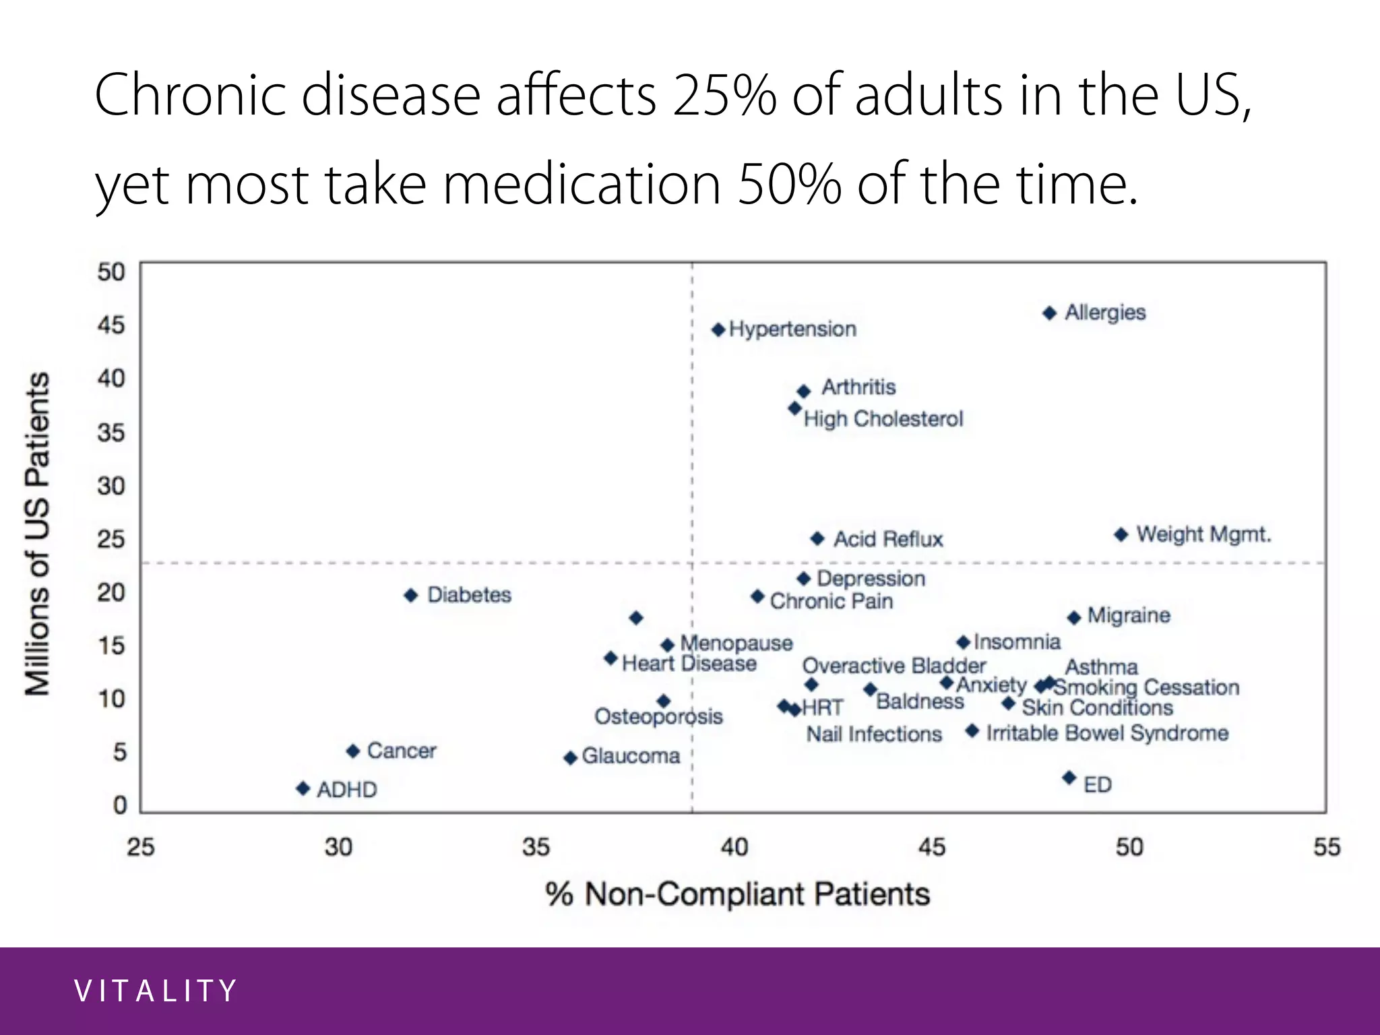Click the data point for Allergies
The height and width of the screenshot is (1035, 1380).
pos(1049,313)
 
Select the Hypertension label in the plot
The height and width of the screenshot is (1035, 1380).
pos(792,330)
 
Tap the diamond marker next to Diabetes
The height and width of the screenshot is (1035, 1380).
pos(411,596)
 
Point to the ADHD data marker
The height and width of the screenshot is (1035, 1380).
pos(303,788)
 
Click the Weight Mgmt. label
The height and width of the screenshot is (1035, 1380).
pos(1203,534)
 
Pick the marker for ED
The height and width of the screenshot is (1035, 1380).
pos(1069,778)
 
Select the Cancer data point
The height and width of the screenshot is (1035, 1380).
pos(353,751)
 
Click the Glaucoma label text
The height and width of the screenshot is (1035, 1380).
pos(631,756)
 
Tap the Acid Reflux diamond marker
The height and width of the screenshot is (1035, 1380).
pos(817,538)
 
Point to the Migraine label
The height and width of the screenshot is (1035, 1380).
pos(1129,615)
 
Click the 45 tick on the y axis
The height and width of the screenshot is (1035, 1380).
pos(111,325)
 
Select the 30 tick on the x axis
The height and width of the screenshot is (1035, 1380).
pos(338,847)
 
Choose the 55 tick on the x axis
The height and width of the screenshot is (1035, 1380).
pos(1326,847)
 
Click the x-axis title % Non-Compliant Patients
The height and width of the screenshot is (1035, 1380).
pos(737,894)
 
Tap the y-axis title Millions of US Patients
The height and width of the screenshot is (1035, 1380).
pos(38,533)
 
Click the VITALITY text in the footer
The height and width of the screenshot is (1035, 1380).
pos(156,991)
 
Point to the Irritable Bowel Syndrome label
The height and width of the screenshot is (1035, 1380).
pos(1107,733)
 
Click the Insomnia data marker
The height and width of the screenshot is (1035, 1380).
pos(963,643)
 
